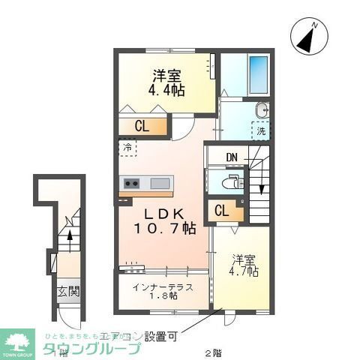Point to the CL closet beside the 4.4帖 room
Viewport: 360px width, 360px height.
(141, 127)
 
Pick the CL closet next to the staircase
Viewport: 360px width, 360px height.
(222, 211)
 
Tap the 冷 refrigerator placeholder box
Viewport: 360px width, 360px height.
(127, 148)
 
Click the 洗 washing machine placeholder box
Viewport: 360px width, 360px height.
(260, 130)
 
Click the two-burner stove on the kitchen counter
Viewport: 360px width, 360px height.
(132, 183)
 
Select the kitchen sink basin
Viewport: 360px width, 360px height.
(162, 183)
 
